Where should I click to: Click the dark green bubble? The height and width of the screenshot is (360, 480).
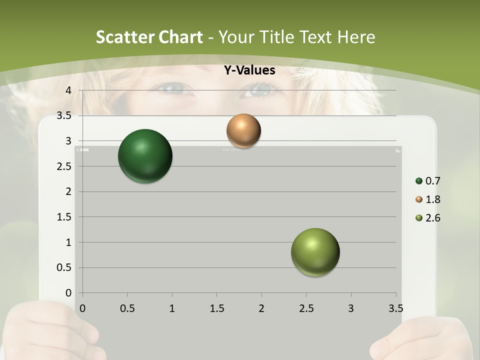click(145, 156)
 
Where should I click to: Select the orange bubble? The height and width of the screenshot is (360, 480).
click(243, 130)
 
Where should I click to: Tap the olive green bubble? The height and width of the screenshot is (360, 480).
click(315, 252)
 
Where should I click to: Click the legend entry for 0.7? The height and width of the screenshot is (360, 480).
click(428, 181)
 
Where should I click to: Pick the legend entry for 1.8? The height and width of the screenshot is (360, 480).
click(428, 199)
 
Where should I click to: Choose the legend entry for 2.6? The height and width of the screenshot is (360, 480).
click(428, 218)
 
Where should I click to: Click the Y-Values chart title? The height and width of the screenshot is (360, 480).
click(249, 70)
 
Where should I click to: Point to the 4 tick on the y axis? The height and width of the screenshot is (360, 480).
click(68, 90)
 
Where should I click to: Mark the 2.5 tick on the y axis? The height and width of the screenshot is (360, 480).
click(65, 166)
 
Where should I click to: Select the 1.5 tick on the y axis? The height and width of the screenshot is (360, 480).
click(65, 217)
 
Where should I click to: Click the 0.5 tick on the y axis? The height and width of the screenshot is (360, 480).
click(65, 267)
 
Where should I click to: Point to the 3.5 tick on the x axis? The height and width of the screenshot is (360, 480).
click(395, 308)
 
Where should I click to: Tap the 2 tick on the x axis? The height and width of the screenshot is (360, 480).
click(261, 308)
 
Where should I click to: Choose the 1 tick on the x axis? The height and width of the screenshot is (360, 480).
click(172, 308)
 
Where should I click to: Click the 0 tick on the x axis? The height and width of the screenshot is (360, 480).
click(82, 308)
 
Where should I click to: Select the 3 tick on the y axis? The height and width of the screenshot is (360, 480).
click(68, 141)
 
